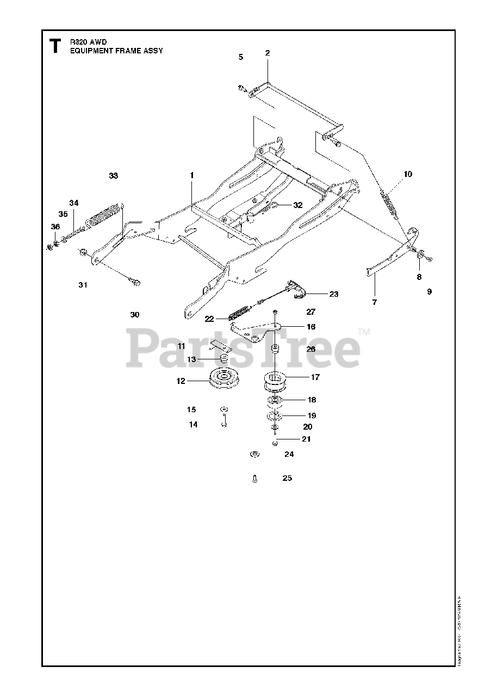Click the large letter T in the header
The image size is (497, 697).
click(x=54, y=46)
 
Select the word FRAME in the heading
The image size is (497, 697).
click(x=128, y=51)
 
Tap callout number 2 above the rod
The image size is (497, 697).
click(x=268, y=53)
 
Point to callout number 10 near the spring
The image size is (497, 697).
click(x=408, y=174)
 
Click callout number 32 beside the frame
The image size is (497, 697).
click(x=297, y=205)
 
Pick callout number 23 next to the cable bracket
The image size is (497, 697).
click(x=333, y=294)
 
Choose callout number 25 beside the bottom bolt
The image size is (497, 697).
click(x=287, y=478)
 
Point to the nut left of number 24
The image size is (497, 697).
click(x=254, y=454)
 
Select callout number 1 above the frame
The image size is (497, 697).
click(x=191, y=175)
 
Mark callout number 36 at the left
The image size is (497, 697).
click(x=55, y=227)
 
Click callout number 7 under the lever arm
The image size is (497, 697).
click(x=374, y=301)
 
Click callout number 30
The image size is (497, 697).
click(x=135, y=315)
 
